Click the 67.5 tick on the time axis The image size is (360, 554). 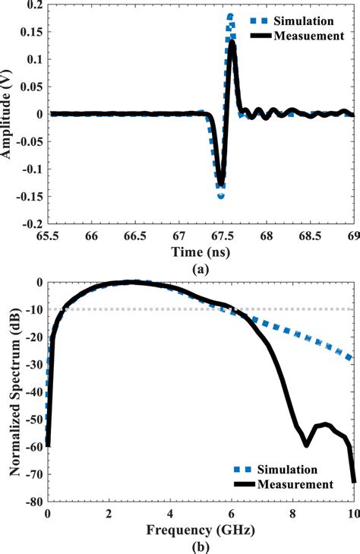(x=221, y=236)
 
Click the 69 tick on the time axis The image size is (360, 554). (x=351, y=236)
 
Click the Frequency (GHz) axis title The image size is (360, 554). (x=199, y=528)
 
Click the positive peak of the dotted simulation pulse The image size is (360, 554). (x=230, y=16)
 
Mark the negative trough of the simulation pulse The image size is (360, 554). (x=221, y=195)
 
